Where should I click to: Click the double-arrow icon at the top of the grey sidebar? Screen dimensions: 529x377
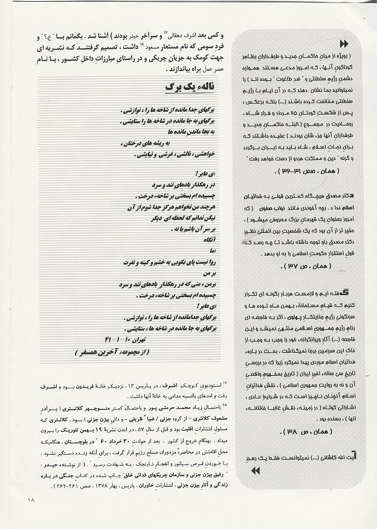344,44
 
